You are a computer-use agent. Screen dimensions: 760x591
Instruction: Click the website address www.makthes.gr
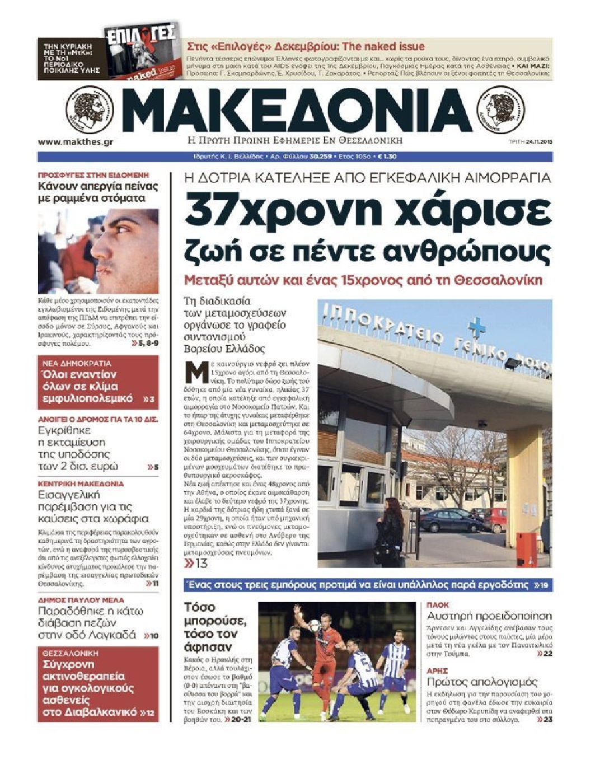click(x=76, y=142)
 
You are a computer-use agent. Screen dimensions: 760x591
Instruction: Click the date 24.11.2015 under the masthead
click(x=538, y=142)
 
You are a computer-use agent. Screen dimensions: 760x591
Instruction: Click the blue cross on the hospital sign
click(x=476, y=327)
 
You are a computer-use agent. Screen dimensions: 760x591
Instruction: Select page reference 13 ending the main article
click(x=196, y=563)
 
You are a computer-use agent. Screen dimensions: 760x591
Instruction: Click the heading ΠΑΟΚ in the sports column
click(x=438, y=605)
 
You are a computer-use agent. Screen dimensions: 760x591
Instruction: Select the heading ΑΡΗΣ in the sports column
click(x=437, y=670)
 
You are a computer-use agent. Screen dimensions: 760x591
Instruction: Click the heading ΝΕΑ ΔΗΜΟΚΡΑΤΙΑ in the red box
click(x=77, y=363)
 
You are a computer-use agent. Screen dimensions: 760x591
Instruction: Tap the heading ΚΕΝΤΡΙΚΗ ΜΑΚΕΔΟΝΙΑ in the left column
click(x=81, y=483)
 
